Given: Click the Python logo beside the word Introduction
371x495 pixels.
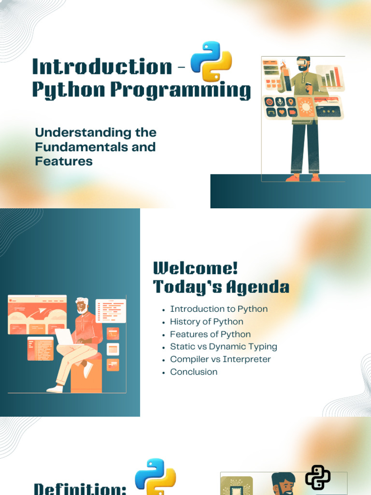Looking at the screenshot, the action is click(212, 61).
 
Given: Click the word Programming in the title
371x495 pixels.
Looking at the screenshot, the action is click(181, 90).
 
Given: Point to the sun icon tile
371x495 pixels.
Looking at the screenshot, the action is click(306, 107).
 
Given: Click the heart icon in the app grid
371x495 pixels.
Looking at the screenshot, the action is click(282, 112).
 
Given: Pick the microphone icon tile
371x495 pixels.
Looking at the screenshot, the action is click(280, 102).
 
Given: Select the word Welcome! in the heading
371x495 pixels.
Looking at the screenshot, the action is click(195, 268).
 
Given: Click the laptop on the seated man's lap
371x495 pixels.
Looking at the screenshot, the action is click(66, 336).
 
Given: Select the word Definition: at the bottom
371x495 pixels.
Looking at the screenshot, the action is click(80, 489).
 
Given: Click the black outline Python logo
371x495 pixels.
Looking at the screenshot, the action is click(318, 477).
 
